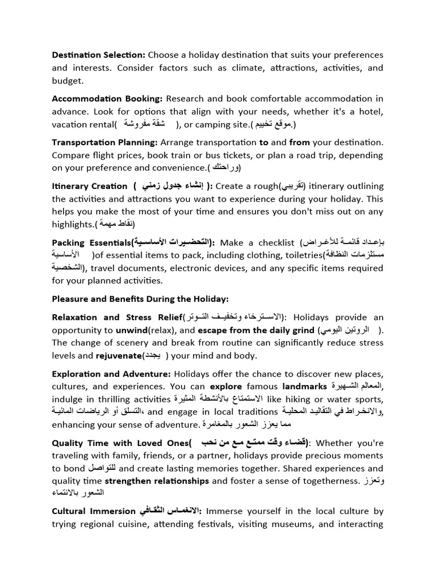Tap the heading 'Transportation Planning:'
click(x=105, y=142)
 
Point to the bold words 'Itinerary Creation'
click(x=90, y=186)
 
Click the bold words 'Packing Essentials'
click(x=91, y=243)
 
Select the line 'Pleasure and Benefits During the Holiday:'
click(x=140, y=298)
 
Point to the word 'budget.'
click(x=68, y=81)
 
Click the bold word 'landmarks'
click(x=305, y=387)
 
